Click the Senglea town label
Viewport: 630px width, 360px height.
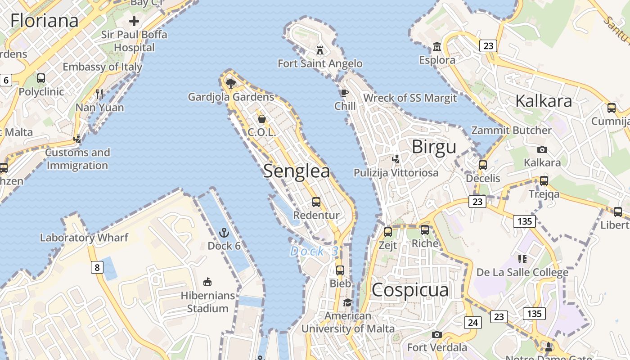pyautogui.click(x=297, y=171)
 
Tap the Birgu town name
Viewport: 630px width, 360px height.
pyautogui.click(x=434, y=147)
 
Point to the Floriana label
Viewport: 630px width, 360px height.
pyautogui.click(x=44, y=20)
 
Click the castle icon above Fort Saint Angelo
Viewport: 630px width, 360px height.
pyautogui.click(x=320, y=49)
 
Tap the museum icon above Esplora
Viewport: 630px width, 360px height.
pyautogui.click(x=436, y=46)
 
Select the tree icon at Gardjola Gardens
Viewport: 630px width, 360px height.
pyautogui.click(x=231, y=83)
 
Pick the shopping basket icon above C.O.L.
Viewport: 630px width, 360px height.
pyautogui.click(x=261, y=119)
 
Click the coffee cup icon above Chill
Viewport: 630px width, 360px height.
pyautogui.click(x=344, y=93)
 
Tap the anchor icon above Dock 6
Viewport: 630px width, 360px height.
pyautogui.click(x=224, y=233)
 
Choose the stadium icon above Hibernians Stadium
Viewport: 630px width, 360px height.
pyautogui.click(x=207, y=282)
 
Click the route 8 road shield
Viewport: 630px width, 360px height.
pyautogui.click(x=97, y=268)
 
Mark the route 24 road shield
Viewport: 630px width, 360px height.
pyautogui.click(x=472, y=322)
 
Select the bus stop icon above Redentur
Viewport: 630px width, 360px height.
pyautogui.click(x=316, y=202)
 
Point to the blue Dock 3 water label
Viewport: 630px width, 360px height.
pyautogui.click(x=314, y=252)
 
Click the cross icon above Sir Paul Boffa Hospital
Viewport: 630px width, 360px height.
pyautogui.click(x=134, y=21)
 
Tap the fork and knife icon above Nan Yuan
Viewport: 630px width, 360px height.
pyautogui.click(x=99, y=94)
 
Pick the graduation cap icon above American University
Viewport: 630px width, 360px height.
pyautogui.click(x=347, y=302)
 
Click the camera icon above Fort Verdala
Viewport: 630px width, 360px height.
pyautogui.click(x=436, y=334)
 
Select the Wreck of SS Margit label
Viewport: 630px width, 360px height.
pyautogui.click(x=410, y=98)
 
